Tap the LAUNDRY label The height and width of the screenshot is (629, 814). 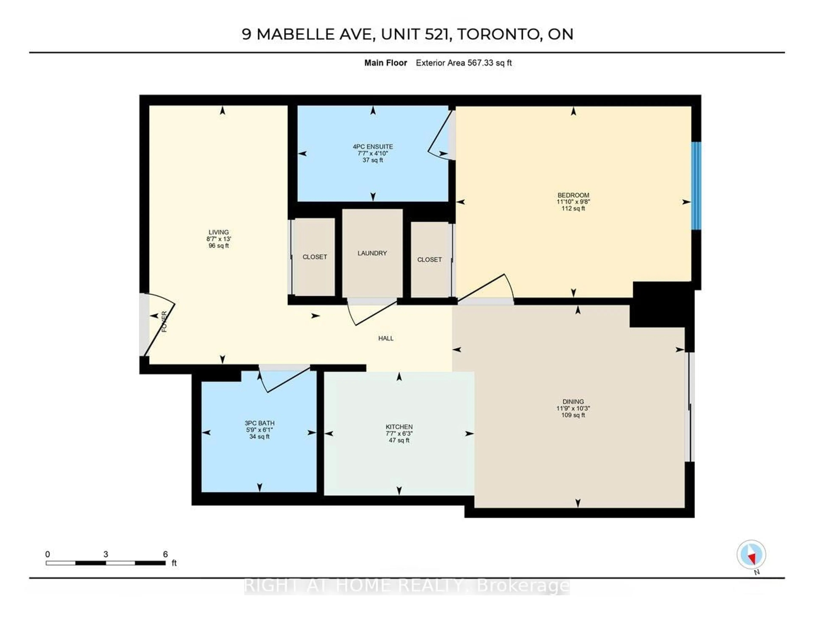pyautogui.click(x=372, y=253)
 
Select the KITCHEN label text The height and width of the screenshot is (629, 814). pyautogui.click(x=399, y=426)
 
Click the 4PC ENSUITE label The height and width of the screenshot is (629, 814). pyautogui.click(x=373, y=147)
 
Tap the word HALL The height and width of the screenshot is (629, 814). pyautogui.click(x=386, y=338)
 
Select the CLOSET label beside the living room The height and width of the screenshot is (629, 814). pyautogui.click(x=315, y=257)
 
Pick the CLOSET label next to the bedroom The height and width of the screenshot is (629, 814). pyautogui.click(x=429, y=260)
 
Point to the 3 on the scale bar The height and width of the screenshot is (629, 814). pyautogui.click(x=106, y=554)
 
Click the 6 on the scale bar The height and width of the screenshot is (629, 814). pyautogui.click(x=165, y=554)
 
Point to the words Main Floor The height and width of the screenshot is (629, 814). pyautogui.click(x=385, y=63)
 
